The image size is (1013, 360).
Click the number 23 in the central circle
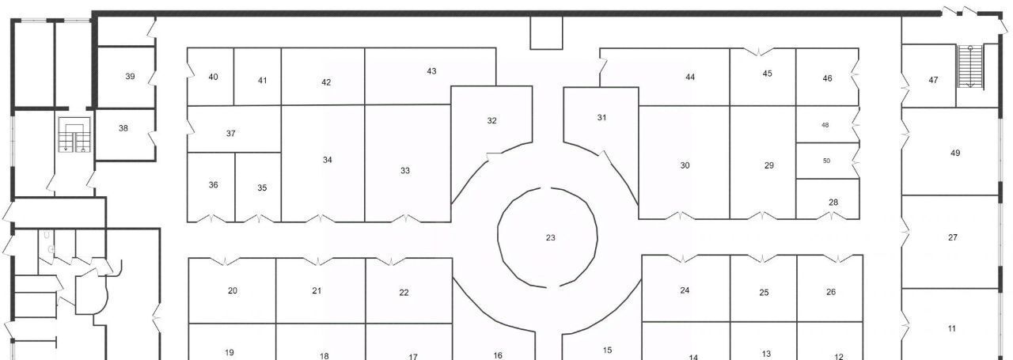coord(550,238)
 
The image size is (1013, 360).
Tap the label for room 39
coord(131,77)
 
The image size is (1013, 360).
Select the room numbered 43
coord(431,71)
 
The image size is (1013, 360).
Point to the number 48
coord(825,125)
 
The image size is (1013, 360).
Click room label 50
coord(827,161)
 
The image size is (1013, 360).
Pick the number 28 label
coord(833,203)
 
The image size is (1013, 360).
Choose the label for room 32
coord(492,121)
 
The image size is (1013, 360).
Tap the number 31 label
coord(601,118)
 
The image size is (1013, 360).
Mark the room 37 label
coord(231,134)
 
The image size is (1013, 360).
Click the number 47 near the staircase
coord(933,80)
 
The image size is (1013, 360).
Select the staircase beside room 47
coord(970,66)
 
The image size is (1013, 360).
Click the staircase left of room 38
coord(74,135)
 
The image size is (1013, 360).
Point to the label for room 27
coord(953,237)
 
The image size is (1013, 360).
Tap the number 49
coord(955,153)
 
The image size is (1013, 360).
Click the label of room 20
coord(233,291)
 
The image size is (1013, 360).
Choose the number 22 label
coord(404,293)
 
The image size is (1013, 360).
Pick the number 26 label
coord(831,292)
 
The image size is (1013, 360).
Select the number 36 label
coord(214,185)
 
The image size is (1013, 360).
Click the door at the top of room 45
coord(760,51)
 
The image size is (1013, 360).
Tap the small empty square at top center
coord(546,33)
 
